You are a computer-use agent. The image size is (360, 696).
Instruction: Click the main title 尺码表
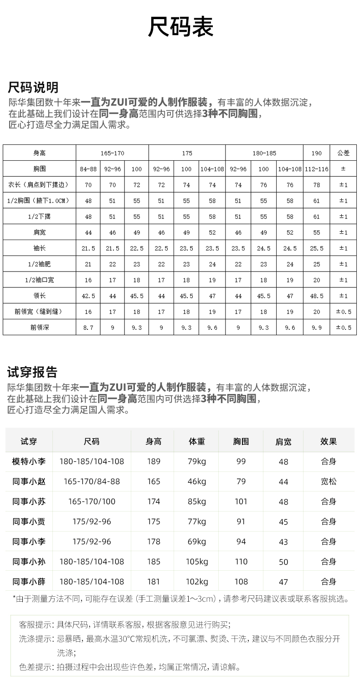(180, 27)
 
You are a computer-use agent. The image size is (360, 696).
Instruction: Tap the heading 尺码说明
(33, 87)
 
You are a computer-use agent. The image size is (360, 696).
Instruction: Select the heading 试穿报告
(32, 372)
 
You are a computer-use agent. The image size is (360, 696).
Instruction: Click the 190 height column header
(317, 153)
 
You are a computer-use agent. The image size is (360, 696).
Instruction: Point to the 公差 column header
(343, 153)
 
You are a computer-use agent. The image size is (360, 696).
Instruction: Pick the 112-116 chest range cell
(317, 169)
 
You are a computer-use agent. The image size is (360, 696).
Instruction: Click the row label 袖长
(40, 248)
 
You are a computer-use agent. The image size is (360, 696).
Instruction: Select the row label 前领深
(40, 327)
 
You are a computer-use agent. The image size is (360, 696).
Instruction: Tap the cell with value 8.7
(88, 327)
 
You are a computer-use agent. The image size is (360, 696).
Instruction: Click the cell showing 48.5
(317, 296)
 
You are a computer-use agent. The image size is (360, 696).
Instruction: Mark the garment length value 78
(317, 185)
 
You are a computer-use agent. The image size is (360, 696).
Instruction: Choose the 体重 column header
(197, 441)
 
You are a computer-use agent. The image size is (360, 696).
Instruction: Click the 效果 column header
(329, 441)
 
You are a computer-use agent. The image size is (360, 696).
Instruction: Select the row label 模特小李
(29, 461)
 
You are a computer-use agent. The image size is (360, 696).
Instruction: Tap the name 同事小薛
(29, 582)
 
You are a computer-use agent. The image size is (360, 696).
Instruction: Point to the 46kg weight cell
(197, 481)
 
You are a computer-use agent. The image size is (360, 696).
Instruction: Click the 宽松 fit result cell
(329, 481)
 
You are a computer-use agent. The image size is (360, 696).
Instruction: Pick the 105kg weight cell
(197, 562)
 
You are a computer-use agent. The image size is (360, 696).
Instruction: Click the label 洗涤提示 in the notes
(36, 639)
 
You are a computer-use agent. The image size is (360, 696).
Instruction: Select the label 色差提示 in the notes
(36, 667)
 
